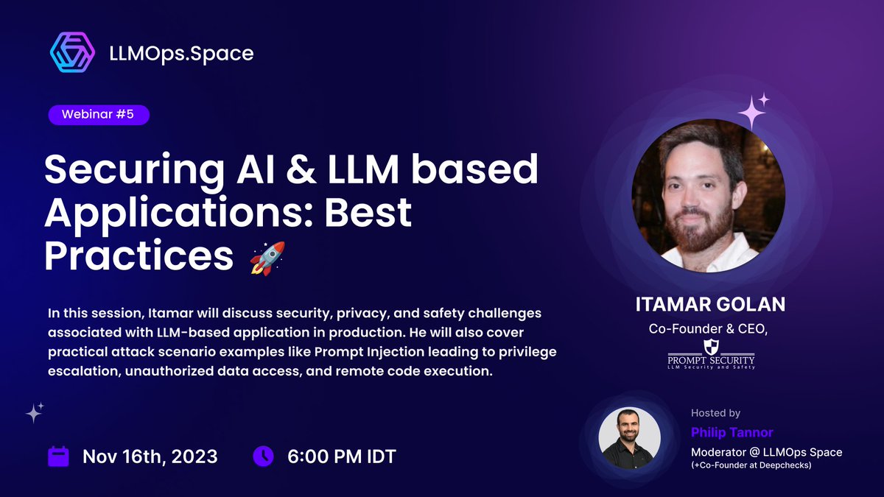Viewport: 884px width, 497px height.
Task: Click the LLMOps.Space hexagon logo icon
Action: [72, 53]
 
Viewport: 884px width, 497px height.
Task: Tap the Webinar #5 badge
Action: [99, 115]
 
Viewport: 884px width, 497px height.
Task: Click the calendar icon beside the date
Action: [58, 456]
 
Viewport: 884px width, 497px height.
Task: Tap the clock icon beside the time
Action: [263, 456]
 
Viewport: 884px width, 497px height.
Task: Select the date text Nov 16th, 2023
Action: [150, 457]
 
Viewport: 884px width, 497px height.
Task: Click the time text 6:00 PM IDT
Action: [341, 457]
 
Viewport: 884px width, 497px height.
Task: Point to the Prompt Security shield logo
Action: [710, 347]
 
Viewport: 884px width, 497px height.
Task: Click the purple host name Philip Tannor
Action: [732, 432]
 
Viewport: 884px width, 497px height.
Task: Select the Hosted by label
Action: [715, 413]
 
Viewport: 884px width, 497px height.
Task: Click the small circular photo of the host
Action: [630, 437]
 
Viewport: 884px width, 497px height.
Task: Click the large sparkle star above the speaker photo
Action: [751, 113]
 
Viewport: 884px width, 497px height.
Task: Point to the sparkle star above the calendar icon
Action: [35, 412]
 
